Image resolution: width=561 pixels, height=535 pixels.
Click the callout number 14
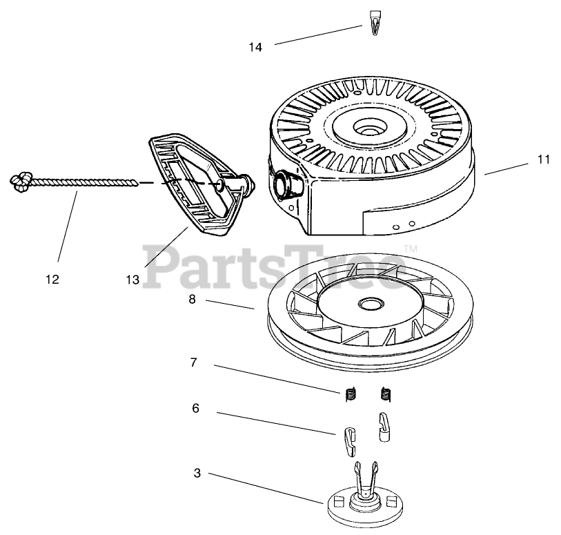[255, 48]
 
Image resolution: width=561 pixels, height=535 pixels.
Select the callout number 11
[543, 159]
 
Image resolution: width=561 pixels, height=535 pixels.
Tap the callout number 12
[52, 280]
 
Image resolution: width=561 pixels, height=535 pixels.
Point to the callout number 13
[132, 280]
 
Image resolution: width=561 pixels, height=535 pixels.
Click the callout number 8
[192, 300]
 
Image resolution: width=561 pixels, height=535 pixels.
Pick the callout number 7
[194, 362]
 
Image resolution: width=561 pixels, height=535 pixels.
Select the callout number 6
[195, 409]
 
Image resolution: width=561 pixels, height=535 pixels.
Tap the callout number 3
[197, 473]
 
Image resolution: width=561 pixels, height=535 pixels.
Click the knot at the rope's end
[21, 181]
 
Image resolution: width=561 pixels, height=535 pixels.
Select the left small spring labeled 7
[351, 394]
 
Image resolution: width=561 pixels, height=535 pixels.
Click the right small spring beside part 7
[386, 394]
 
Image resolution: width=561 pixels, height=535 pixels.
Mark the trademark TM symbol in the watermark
[409, 249]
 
